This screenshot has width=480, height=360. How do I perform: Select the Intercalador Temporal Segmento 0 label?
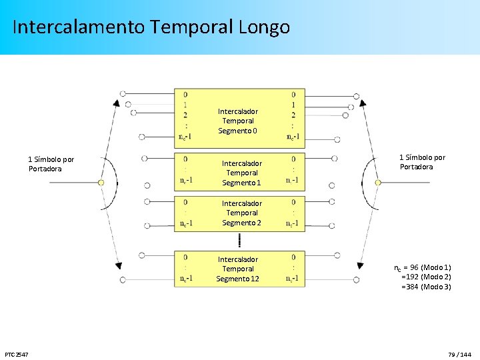(x=238, y=121)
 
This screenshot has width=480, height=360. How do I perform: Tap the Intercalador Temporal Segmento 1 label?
(x=241, y=173)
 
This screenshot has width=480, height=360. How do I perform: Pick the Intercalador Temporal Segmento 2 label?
(x=241, y=213)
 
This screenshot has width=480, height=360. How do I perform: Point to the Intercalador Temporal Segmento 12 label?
(x=238, y=269)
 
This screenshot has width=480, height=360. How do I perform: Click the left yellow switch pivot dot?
(x=101, y=182)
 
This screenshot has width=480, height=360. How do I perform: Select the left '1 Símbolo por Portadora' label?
(x=51, y=164)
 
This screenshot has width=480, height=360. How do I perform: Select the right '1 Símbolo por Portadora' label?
(x=422, y=162)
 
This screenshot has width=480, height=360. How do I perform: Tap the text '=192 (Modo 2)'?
(x=426, y=277)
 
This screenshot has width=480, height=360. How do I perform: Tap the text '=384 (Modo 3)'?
(x=426, y=287)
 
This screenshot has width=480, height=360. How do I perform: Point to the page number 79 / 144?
(x=460, y=353)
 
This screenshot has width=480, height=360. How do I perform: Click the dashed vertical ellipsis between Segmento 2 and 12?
(x=239, y=241)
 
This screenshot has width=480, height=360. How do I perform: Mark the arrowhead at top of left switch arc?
(x=117, y=103)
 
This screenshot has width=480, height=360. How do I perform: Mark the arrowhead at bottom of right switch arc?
(x=360, y=265)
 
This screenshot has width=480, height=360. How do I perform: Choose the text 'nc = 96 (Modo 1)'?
(x=423, y=267)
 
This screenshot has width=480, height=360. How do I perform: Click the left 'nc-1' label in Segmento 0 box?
(x=185, y=137)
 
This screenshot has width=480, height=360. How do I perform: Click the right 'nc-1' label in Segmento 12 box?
(x=293, y=277)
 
